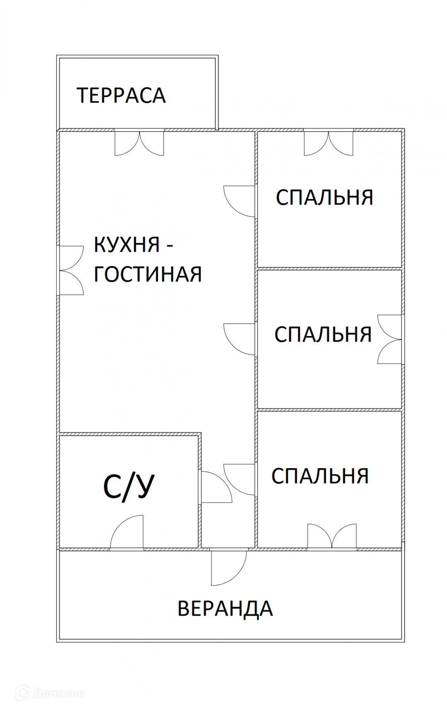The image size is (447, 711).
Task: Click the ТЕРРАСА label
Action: [x=121, y=95]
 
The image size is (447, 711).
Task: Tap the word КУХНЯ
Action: [x=127, y=244]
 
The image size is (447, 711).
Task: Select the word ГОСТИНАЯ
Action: [x=148, y=274]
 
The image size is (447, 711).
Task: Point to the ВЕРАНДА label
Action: [x=225, y=609]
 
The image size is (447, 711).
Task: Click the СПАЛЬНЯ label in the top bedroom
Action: [x=324, y=197]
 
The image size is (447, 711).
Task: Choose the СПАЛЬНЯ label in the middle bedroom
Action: [x=323, y=334]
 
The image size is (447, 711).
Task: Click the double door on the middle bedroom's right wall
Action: [x=390, y=339]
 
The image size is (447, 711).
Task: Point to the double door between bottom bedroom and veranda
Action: [x=332, y=537]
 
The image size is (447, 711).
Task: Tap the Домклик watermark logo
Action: [x=50, y=693]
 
